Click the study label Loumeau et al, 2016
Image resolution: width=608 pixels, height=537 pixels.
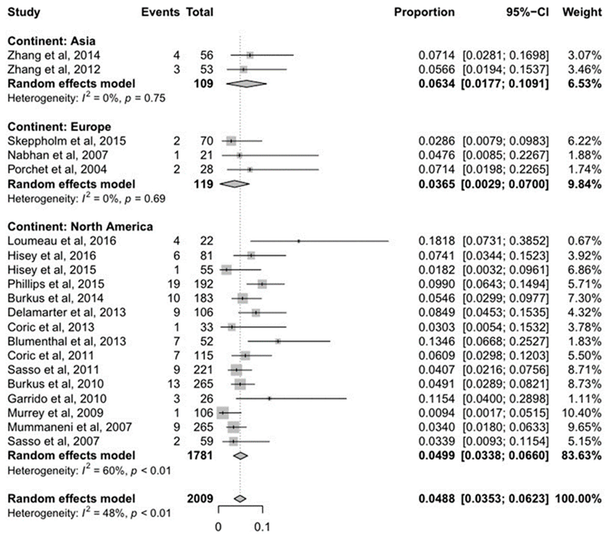coord(62,241)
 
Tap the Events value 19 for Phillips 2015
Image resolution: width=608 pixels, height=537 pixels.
coord(174,284)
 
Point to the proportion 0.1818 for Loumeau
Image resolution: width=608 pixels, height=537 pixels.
coord(436,241)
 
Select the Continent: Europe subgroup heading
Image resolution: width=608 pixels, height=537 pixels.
coord(59,127)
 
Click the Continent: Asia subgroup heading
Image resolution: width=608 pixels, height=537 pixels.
coord(52,41)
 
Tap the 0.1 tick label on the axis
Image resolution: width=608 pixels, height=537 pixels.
coord(262,527)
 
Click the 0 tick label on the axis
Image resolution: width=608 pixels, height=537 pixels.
coord(218,527)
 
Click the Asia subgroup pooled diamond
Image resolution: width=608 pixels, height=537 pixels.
coord(247,84)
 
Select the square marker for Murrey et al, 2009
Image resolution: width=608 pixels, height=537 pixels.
coord(222,413)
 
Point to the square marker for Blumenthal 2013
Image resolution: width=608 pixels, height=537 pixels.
coord(278,341)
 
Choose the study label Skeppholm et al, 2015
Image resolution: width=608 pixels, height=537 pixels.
coord(67,141)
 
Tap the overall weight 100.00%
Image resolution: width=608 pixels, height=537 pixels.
coord(578,498)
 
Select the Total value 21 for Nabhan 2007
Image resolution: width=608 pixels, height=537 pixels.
coord(206,155)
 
